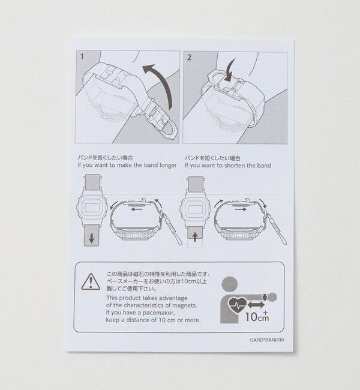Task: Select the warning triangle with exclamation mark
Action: [91, 281]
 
